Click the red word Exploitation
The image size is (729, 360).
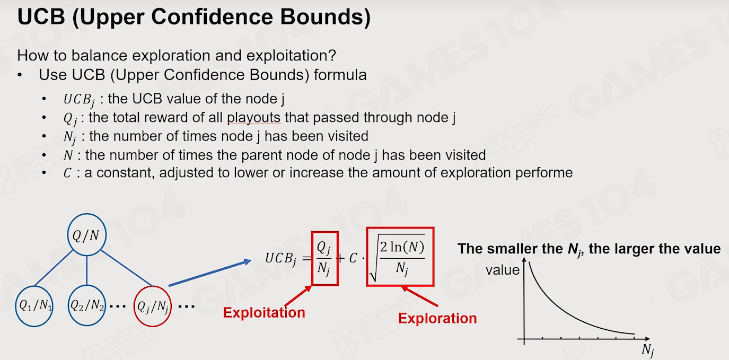point(264,312)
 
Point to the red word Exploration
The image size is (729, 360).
point(437,318)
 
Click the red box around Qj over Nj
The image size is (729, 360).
point(312,258)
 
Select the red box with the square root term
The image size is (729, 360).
point(367,257)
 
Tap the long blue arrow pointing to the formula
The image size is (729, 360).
point(210,273)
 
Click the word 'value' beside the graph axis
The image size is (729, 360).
point(503,270)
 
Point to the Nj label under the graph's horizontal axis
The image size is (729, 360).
point(648,350)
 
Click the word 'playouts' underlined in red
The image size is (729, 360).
point(253,118)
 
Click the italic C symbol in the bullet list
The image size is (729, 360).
point(67,173)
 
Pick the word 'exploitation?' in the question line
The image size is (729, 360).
point(291,56)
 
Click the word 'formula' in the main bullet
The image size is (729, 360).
point(340,75)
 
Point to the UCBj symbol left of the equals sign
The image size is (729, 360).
point(281,258)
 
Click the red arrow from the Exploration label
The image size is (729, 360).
point(419,296)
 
